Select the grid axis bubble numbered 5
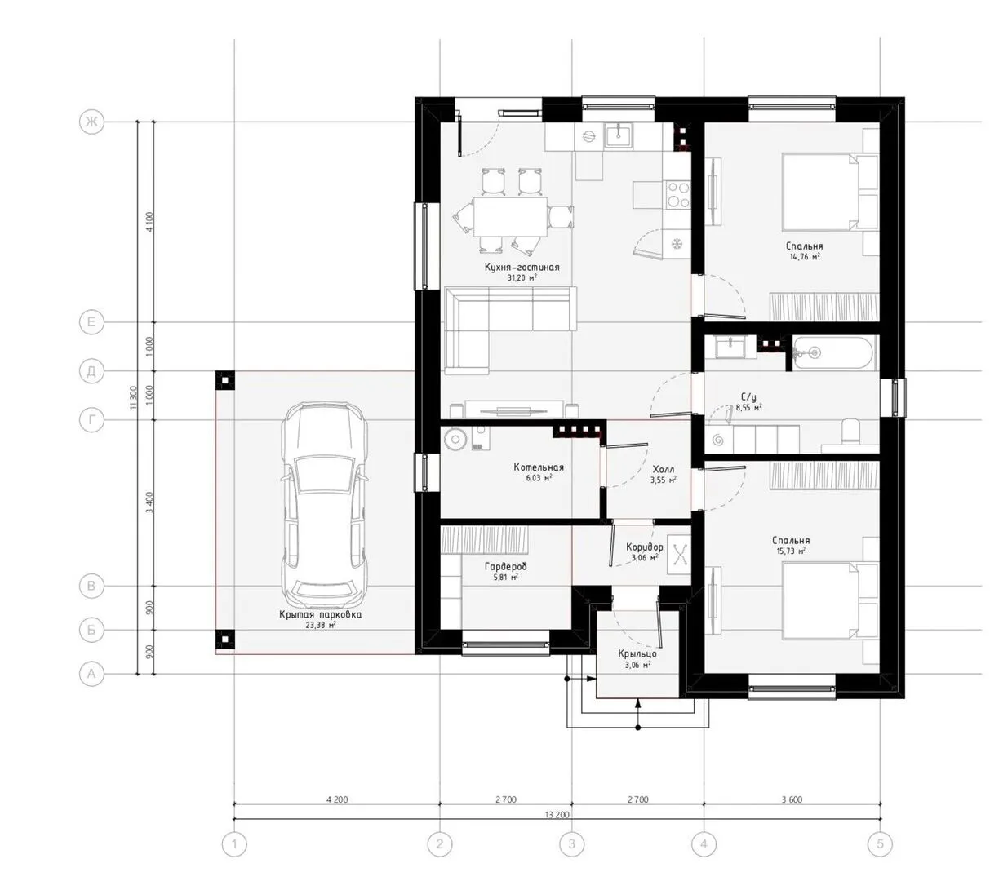pyautogui.click(x=880, y=843)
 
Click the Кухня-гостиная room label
pyautogui.click(x=522, y=267)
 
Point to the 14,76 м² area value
pyautogui.click(x=804, y=257)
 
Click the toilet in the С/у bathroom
pyautogui.click(x=850, y=432)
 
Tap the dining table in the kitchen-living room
pyautogui.click(x=509, y=217)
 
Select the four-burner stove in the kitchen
pyautogui.click(x=677, y=194)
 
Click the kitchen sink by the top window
pyautogui.click(x=619, y=135)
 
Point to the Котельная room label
pyautogui.click(x=539, y=467)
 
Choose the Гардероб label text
pyautogui.click(x=505, y=566)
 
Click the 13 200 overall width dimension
pyautogui.click(x=557, y=815)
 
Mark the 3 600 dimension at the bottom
pyautogui.click(x=792, y=799)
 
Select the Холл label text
pyautogui.click(x=663, y=470)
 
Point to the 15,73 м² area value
pyautogui.click(x=790, y=551)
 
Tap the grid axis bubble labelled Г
pyautogui.click(x=91, y=420)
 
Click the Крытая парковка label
pyautogui.click(x=321, y=614)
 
